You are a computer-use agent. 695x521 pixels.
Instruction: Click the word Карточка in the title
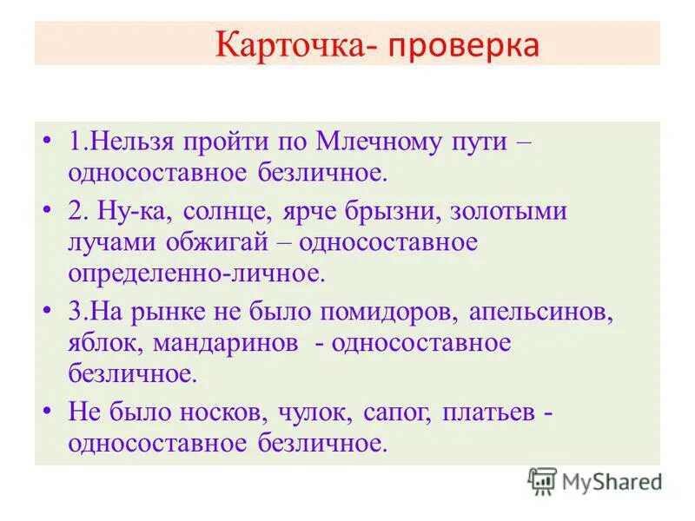coord(288,44)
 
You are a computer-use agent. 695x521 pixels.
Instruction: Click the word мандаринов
coord(228,344)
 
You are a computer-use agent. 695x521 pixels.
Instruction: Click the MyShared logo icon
coord(542,481)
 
